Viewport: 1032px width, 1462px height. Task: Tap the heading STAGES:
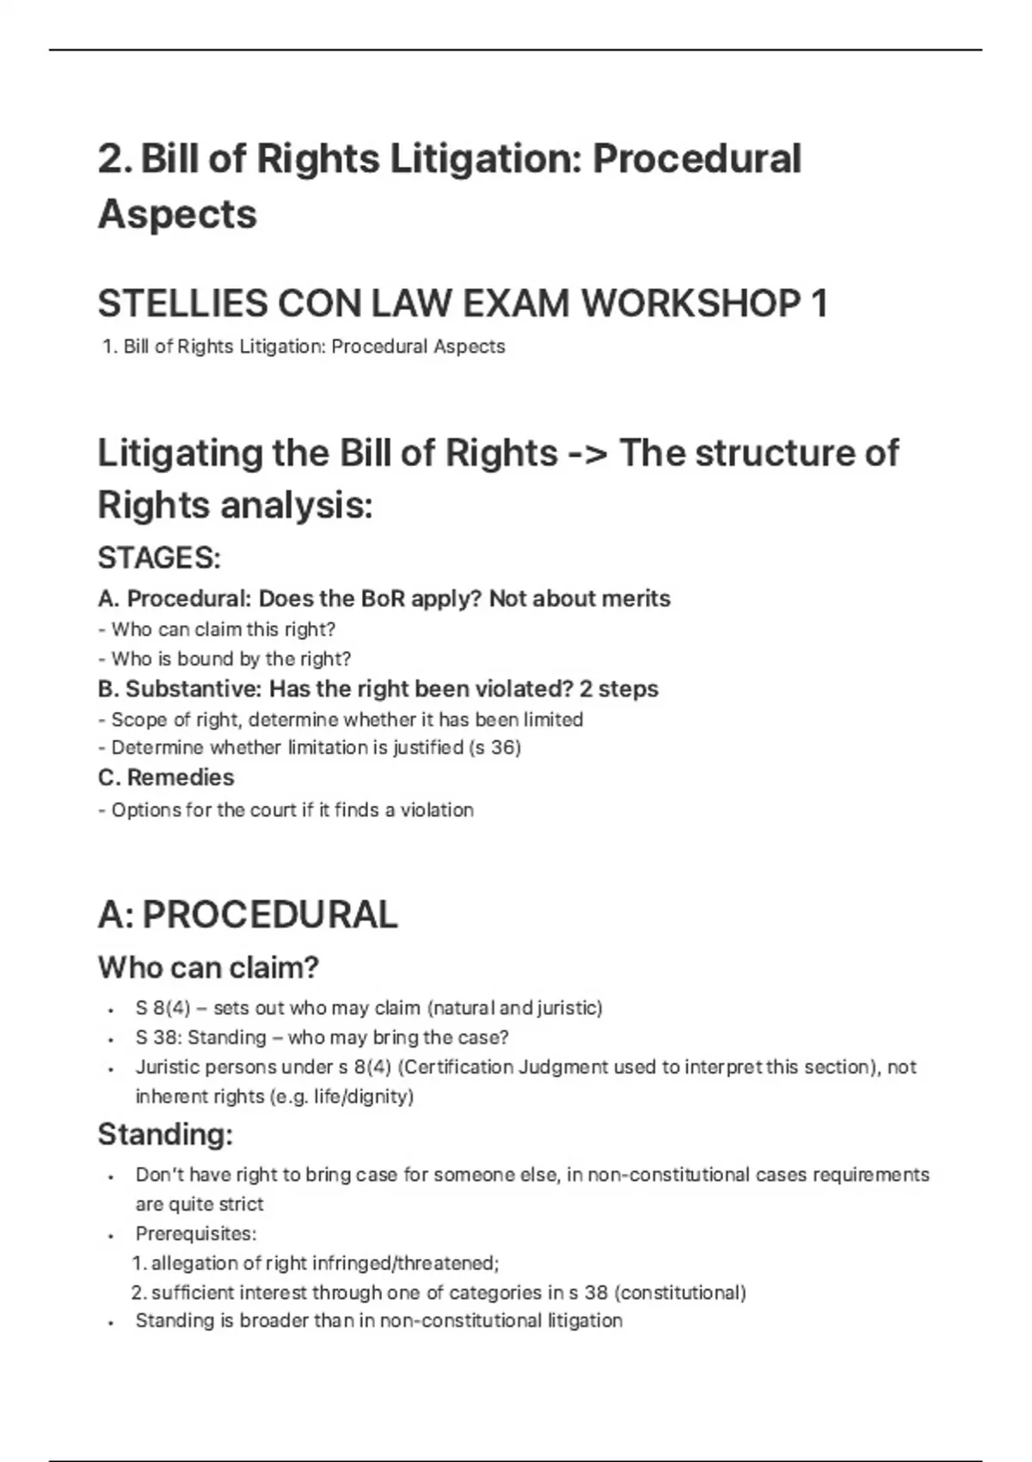coord(159,558)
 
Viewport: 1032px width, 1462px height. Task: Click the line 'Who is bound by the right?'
coord(225,659)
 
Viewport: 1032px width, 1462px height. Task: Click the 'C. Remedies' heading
coord(166,777)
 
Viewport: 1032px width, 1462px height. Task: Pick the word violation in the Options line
coord(436,810)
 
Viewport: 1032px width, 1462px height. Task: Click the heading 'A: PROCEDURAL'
coord(248,914)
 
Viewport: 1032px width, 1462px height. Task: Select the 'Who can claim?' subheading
coord(208,967)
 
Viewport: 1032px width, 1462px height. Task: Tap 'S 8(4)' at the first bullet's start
coord(163,1008)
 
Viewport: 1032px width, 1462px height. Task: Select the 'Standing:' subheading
coord(165,1134)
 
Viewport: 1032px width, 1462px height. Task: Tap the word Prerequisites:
coord(196,1233)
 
